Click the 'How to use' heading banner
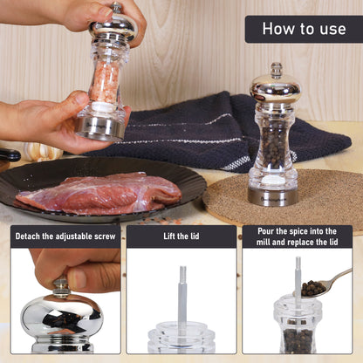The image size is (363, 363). (304, 29)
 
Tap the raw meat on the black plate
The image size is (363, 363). (99, 193)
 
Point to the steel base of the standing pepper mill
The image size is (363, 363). (273, 196)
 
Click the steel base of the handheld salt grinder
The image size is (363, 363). (99, 128)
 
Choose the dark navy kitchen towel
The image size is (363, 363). (221, 131)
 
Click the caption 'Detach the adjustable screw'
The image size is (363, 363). (65, 236)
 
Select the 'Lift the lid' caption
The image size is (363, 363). (181, 236)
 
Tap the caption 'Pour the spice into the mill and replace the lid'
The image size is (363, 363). (298, 236)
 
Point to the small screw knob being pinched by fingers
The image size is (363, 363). (61, 288)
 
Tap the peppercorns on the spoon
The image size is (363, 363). (312, 288)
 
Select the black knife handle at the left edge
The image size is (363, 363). (9, 154)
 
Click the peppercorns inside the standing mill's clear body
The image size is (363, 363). (273, 147)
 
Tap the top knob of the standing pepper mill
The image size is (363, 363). (277, 71)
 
